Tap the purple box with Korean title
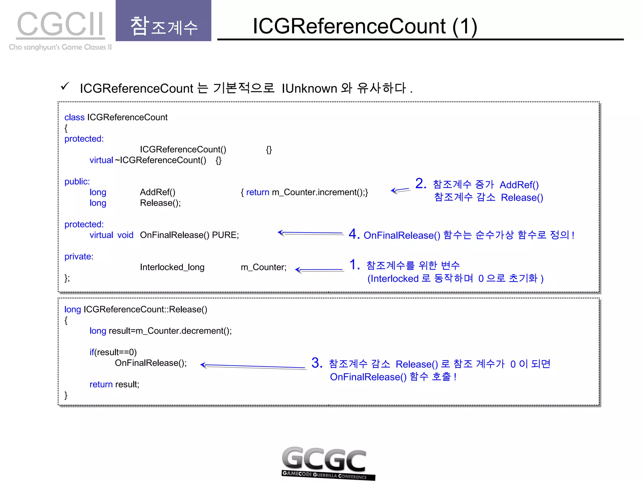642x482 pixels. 163,21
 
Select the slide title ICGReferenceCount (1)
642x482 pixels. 365,26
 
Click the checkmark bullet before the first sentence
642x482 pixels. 65,86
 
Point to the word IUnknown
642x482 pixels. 309,88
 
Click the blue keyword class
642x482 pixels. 74,117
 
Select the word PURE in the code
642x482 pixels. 225,235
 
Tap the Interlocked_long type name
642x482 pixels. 172,267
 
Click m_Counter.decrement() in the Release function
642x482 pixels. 183,331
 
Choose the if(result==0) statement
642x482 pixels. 113,352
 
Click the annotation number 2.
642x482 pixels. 421,184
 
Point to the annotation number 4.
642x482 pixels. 354,234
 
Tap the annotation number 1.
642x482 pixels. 355,265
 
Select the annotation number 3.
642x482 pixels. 317,363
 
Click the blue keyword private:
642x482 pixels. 79,256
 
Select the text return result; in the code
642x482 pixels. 114,384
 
